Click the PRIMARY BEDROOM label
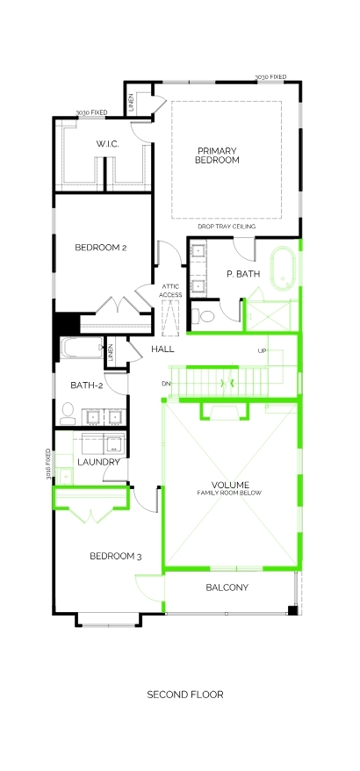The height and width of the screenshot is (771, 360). [217, 155]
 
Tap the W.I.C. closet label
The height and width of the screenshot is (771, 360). [108, 144]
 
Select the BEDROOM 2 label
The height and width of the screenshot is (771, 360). [101, 248]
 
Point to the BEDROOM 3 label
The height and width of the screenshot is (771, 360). [116, 556]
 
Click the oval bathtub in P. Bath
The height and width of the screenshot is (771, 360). [284, 269]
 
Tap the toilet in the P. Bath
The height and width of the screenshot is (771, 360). [203, 315]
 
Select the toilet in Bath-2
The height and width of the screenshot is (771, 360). [68, 414]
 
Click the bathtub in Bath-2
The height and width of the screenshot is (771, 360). [82, 348]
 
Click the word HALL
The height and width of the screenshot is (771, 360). [162, 349]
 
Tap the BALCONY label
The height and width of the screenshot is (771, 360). [227, 587]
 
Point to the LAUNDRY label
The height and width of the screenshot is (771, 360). [99, 462]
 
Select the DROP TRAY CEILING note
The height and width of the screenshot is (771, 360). [227, 227]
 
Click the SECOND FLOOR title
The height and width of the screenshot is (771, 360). [185, 695]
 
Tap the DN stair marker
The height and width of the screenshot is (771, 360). [165, 384]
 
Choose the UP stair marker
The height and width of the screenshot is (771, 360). [263, 351]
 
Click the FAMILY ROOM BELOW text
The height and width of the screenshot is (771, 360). [230, 493]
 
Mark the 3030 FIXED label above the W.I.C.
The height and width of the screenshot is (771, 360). [91, 113]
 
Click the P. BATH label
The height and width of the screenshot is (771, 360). [243, 274]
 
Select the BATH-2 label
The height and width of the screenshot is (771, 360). [87, 385]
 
